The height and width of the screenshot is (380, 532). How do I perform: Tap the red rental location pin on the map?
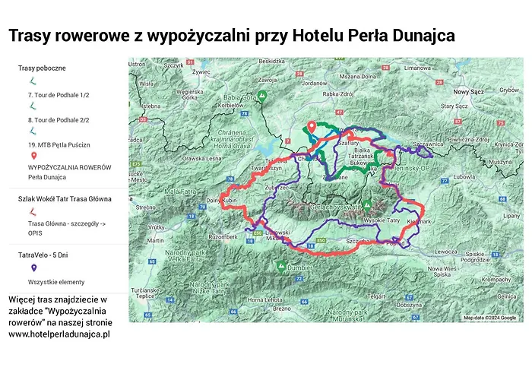click(312, 128)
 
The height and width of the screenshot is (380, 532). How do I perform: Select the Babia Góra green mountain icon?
click(262, 97)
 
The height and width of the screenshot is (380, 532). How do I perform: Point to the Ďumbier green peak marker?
click(282, 267)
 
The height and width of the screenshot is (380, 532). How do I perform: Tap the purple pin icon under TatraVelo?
click(32, 268)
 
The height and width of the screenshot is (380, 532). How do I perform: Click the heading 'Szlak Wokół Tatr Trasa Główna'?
click(65, 198)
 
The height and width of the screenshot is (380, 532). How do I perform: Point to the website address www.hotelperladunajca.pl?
click(60, 333)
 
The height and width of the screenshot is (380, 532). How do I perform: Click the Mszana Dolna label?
click(359, 76)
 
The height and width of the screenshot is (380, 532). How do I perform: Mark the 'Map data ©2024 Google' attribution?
click(489, 318)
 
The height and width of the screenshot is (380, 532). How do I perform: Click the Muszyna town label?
click(499, 162)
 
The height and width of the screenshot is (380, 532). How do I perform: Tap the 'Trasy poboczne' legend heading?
click(42, 68)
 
